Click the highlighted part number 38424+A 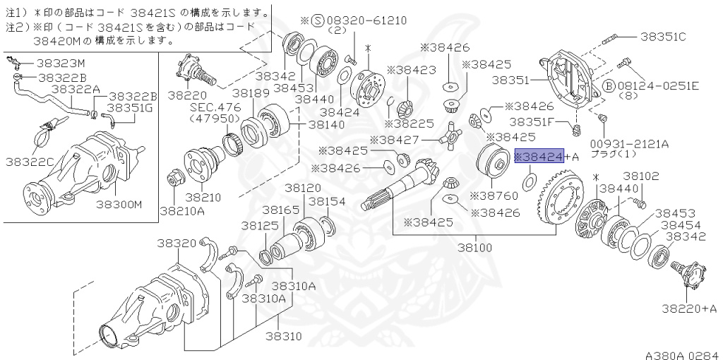coord(540,156)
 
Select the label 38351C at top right coord(663,36)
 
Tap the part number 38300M coord(119,205)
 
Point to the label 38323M coord(61,62)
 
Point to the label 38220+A coord(689,308)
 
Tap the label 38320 coord(177,243)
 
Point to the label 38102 coord(640,176)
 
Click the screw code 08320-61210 coord(370,20)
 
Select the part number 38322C coord(30,162)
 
